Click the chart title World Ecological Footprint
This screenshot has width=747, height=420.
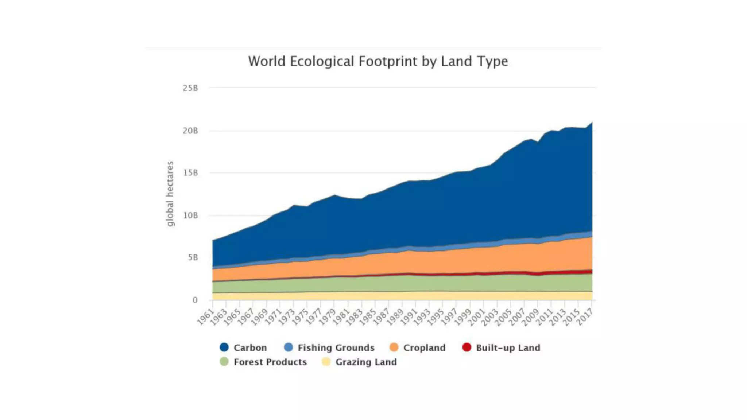coord(378,61)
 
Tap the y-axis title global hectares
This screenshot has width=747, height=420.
coord(170,194)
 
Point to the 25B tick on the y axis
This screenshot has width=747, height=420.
coord(190,88)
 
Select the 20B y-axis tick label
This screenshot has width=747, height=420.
coord(190,131)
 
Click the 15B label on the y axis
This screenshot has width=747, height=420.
coord(190,173)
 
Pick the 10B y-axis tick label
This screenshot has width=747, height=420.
coord(190,215)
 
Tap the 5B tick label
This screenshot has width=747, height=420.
coord(193,258)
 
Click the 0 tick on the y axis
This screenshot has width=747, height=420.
coord(195,300)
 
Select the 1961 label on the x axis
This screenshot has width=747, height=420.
coord(205,317)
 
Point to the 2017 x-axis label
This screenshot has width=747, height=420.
coord(585,317)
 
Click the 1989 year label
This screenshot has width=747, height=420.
coord(395,317)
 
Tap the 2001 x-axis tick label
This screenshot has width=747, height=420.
coord(476,317)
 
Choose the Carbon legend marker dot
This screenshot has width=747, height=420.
coord(224,347)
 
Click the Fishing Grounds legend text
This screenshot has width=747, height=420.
coord(336,348)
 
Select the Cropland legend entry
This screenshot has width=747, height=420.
coord(424,348)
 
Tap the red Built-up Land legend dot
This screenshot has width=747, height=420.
coord(467,347)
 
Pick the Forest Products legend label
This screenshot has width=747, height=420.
coord(270,362)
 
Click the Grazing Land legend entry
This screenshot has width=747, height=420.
coord(366,362)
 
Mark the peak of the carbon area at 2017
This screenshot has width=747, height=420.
coord(592,122)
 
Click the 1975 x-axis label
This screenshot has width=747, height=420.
coord(300,317)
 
